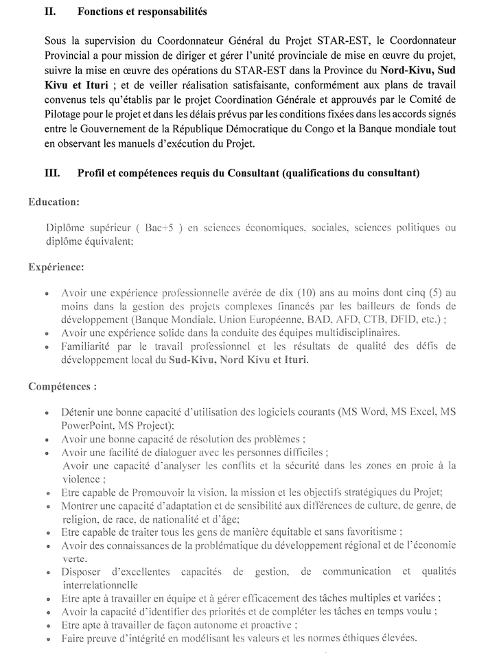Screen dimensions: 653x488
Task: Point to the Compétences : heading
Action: tap(62, 386)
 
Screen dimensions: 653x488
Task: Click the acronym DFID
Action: tap(411, 319)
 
